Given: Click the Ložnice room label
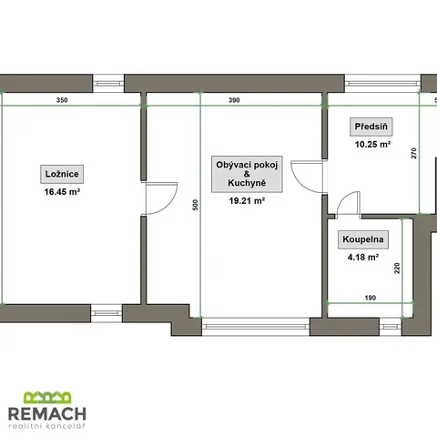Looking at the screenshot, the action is (62, 174).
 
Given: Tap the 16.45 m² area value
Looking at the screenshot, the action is (62, 192).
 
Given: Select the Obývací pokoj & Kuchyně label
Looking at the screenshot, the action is (247, 174).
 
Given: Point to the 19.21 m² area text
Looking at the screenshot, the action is (247, 200).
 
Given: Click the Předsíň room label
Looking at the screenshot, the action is (371, 127).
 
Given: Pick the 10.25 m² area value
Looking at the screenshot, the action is (372, 144).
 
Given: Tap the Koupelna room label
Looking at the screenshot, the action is (363, 239).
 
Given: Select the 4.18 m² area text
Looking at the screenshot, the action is (363, 257).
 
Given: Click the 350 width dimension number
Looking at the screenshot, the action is (62, 100).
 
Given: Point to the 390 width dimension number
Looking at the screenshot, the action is (234, 100).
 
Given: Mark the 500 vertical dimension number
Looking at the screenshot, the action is (196, 205).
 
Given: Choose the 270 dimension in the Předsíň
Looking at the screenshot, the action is (414, 153).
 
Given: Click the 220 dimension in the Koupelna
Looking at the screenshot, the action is (397, 268).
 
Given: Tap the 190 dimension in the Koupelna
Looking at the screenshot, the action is (371, 298).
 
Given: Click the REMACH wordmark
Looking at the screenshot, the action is (47, 414).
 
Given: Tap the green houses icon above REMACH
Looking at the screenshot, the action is (47, 398).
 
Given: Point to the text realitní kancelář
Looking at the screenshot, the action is (47, 426).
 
